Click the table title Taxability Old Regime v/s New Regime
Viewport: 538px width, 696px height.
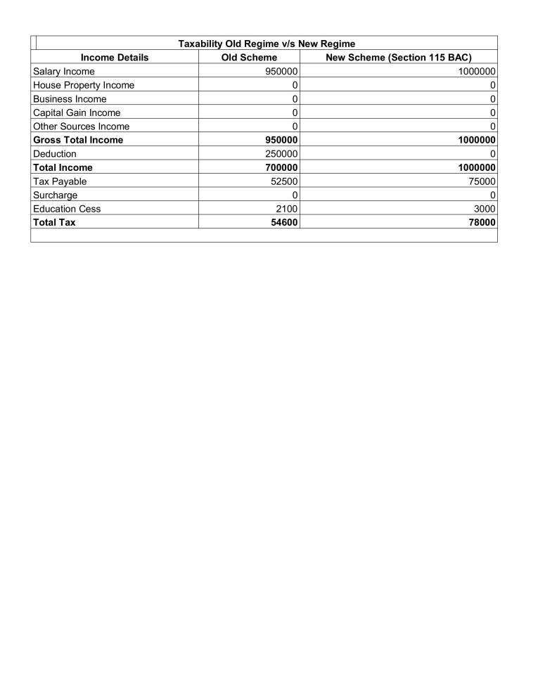[267, 44]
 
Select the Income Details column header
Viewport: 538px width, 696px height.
[115, 58]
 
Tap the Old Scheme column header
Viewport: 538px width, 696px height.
[249, 58]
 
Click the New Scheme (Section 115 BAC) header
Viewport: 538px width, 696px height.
[399, 58]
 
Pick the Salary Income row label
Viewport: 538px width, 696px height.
[64, 71]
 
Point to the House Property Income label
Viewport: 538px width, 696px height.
[84, 85]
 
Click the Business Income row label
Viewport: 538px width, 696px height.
[70, 98]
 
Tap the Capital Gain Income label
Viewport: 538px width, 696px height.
[77, 112]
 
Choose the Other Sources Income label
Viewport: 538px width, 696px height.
[81, 126]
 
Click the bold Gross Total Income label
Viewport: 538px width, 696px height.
[78, 140]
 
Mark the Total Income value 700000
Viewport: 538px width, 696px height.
[281, 167]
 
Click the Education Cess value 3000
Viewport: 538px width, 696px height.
[485, 208]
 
